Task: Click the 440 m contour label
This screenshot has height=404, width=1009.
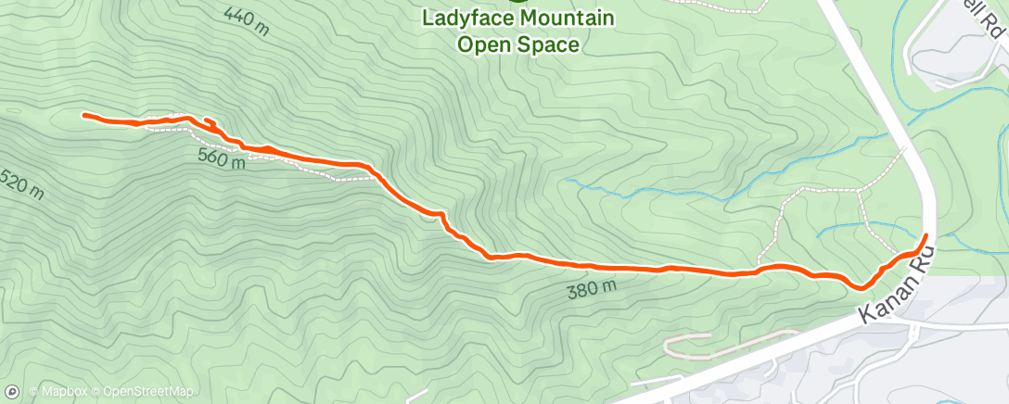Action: click(246, 20)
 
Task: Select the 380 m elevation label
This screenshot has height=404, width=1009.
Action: click(591, 291)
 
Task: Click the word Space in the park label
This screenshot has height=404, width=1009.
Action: click(552, 44)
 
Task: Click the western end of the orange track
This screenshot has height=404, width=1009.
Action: click(84, 115)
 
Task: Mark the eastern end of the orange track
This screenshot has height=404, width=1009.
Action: click(926, 236)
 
